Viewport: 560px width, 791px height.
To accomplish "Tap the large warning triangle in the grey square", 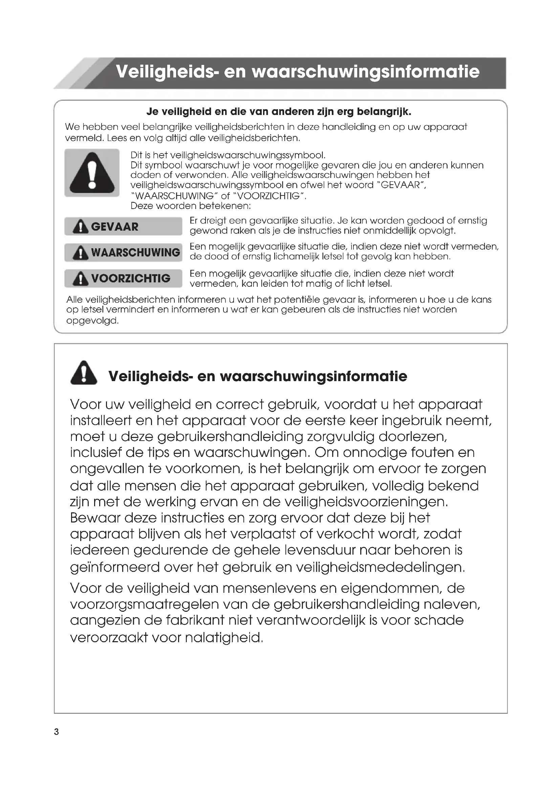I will tap(92, 173).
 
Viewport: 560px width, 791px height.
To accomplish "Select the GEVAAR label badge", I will tap(123, 226).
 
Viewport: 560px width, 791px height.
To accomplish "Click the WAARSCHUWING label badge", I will tap(123, 252).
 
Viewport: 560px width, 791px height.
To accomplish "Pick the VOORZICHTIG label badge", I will tap(123, 278).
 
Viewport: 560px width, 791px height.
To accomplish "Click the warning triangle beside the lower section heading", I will tap(84, 373).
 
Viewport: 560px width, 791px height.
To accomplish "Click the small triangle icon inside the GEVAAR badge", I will tap(81, 227).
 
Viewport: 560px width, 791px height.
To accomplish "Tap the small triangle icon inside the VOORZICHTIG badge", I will tap(81, 278).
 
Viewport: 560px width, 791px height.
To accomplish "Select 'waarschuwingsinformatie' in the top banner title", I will tap(366, 72).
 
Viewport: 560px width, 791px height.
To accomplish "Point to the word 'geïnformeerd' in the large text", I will tap(115, 567).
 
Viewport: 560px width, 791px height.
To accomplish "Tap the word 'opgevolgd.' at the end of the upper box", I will tap(92, 321).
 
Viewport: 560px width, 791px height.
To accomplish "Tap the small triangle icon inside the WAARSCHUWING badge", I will tap(81, 253).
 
